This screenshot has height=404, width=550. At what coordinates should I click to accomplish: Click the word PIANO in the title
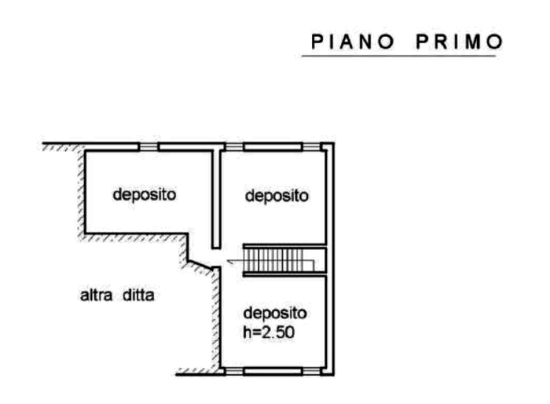[353, 42]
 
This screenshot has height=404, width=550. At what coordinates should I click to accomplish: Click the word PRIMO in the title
[460, 42]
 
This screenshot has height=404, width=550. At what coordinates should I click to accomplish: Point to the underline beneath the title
[399, 56]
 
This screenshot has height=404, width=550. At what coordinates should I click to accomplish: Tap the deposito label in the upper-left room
[144, 195]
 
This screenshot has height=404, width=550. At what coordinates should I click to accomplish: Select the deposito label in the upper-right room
[277, 196]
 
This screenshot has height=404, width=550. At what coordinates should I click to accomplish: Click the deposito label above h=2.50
[275, 313]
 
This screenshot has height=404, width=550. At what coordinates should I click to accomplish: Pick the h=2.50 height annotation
[269, 332]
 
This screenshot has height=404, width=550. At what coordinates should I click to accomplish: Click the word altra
[96, 296]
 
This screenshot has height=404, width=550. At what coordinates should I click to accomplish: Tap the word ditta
[138, 296]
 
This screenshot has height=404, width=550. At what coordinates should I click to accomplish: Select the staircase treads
[280, 260]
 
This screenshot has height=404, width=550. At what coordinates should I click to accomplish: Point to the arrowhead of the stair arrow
[229, 261]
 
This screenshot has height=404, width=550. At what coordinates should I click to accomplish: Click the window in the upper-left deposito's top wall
[148, 146]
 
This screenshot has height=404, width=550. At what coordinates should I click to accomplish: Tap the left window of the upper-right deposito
[234, 146]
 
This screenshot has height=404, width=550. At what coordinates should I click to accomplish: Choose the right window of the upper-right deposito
[311, 146]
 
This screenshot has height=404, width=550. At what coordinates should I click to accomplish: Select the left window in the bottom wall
[234, 371]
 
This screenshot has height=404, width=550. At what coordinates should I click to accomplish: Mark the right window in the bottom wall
[311, 371]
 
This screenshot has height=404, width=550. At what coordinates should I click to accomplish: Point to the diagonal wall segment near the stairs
[200, 265]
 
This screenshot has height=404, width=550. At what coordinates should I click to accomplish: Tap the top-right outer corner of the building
[334, 143]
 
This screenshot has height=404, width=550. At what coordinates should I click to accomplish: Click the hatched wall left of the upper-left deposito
[81, 191]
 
